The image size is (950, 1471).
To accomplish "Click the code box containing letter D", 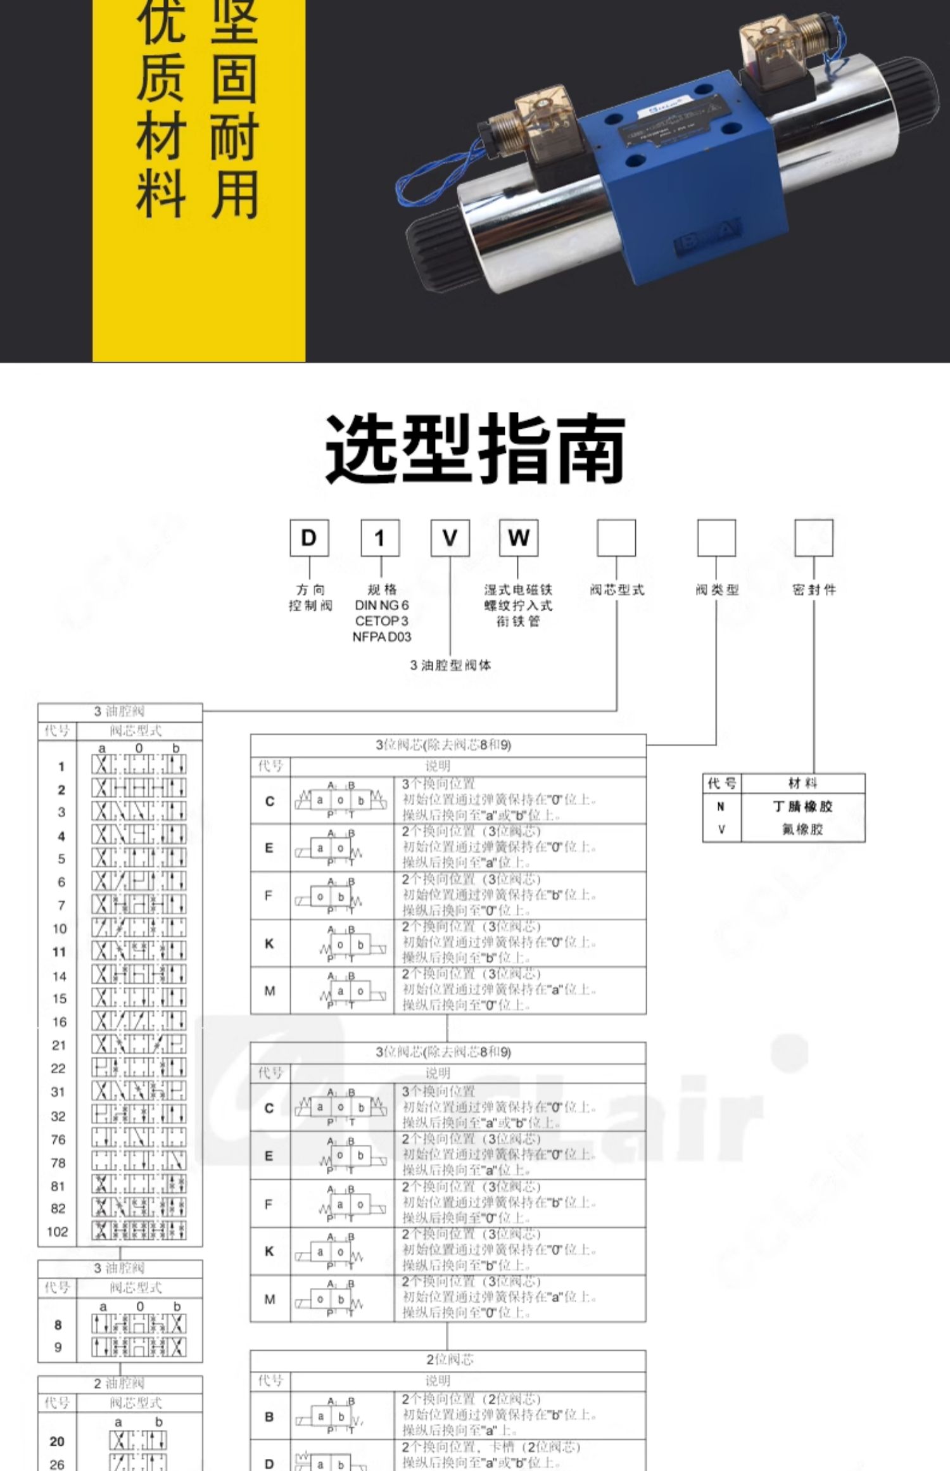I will [x=309, y=538].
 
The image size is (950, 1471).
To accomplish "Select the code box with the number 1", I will [x=380, y=538].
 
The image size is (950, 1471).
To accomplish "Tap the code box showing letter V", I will [x=450, y=538].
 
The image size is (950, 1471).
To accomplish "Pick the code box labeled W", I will [x=518, y=538].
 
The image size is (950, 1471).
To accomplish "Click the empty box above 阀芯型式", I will [x=616, y=538].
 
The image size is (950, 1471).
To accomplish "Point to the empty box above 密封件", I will [x=814, y=538].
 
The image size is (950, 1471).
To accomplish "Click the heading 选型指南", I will [x=475, y=449].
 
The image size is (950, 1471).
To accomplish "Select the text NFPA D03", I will [x=381, y=637].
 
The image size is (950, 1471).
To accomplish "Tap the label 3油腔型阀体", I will [x=450, y=665].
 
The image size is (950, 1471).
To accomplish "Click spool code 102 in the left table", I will [x=57, y=1232].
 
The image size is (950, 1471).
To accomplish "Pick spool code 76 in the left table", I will [x=58, y=1140].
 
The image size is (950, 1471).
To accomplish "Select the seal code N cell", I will [x=721, y=806].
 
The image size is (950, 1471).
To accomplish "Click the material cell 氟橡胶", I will [x=802, y=829].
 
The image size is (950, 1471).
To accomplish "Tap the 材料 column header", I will [x=802, y=784].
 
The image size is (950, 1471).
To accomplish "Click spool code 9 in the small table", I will [x=58, y=1347].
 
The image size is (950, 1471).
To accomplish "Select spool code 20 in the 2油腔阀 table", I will [x=57, y=1441].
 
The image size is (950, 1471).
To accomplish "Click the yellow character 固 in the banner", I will [x=234, y=79].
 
